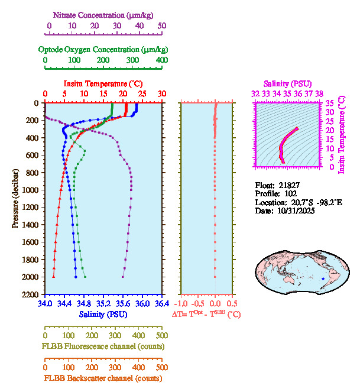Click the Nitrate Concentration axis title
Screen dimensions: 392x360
(x=105, y=14)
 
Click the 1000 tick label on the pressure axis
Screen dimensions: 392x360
(x=31, y=190)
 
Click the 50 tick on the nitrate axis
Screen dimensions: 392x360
(x=162, y=26)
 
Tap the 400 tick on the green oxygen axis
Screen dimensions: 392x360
(x=161, y=60)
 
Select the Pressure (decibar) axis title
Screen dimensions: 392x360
(x=15, y=198)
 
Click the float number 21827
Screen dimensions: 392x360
(x=289, y=185)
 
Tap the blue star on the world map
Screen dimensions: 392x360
(x=323, y=278)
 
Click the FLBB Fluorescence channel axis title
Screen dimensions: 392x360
(x=102, y=346)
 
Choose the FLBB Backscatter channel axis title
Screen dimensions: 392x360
(x=102, y=378)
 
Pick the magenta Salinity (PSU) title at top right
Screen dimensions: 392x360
(x=287, y=85)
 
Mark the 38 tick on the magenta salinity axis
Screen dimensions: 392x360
(x=319, y=93)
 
